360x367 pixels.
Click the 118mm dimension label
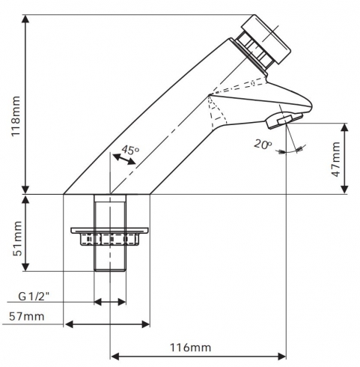pos(16,116)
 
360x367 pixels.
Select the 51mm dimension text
pos(17,238)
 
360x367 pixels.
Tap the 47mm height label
pos(336,160)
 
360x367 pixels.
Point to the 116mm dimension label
pos(190,348)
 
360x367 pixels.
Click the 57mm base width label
pos(27,317)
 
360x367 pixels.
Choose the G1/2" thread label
pos(34,297)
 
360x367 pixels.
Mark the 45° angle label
pos(130,150)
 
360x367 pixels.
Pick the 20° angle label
pos(263,145)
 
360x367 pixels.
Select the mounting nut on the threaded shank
pos(109,237)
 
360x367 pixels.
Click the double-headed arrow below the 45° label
pos(124,159)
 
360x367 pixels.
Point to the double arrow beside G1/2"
pos(110,302)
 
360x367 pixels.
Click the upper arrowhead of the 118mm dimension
pos(25,19)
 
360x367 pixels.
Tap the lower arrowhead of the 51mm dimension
pos(25,267)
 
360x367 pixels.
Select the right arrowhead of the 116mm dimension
pos(282,357)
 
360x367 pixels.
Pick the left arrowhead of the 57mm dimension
pos(68,324)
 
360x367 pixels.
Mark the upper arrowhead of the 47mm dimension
pos(344,127)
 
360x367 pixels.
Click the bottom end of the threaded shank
pos(110,271)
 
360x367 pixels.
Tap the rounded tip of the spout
pos(311,106)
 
